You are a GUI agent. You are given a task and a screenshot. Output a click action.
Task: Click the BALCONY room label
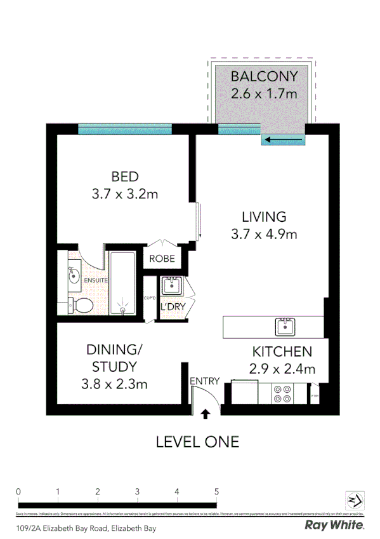[x=264, y=77]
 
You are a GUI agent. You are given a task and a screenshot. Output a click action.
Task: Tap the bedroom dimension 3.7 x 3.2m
[x=124, y=194]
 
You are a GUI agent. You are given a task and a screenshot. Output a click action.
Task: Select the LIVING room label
[x=264, y=217]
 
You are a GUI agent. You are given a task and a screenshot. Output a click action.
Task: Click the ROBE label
[x=162, y=259]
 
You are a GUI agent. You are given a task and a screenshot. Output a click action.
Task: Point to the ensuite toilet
[x=78, y=306]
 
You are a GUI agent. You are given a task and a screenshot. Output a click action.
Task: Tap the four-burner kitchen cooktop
[x=280, y=394]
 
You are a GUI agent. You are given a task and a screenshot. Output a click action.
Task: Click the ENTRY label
[x=204, y=381]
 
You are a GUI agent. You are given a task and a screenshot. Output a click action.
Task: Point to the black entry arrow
[x=205, y=414]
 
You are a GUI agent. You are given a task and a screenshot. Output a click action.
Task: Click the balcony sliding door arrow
[x=283, y=140]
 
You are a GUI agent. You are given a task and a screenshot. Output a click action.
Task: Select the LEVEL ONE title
[x=197, y=441]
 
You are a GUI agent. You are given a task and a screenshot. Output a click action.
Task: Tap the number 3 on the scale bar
[x=137, y=491]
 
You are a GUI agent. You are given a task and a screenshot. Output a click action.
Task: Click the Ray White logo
[x=334, y=525]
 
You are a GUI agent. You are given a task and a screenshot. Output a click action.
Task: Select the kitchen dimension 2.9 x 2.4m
[x=282, y=368]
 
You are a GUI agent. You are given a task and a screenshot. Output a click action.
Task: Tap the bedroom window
[x=124, y=129]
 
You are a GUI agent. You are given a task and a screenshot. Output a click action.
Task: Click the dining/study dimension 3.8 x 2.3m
[x=114, y=384]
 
